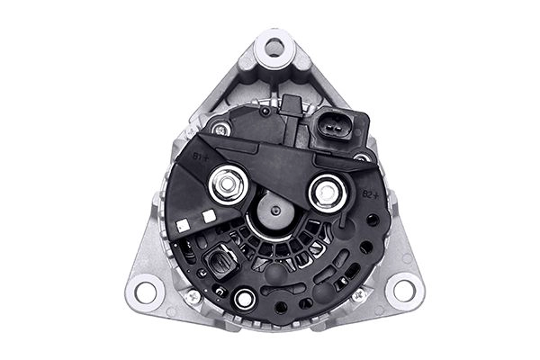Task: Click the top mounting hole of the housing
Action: tap(274, 47)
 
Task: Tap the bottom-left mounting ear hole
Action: tap(144, 291)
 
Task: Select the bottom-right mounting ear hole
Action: tap(403, 290)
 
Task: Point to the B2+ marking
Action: tap(368, 193)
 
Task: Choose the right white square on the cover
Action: tap(209, 216)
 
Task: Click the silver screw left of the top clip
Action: tap(221, 130)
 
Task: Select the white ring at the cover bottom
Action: tap(243, 299)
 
